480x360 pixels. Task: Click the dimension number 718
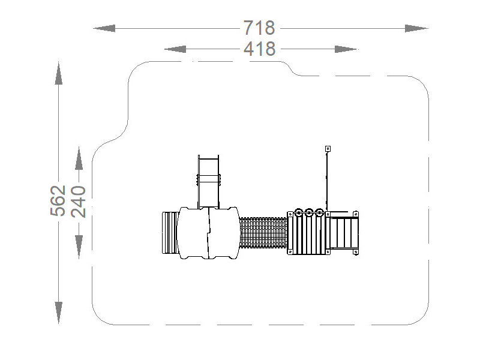click(259, 28)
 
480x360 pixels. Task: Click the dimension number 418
click(260, 49)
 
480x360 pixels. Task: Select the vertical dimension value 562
click(58, 200)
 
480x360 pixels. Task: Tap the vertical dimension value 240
click(79, 202)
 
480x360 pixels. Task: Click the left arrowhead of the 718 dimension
click(104, 28)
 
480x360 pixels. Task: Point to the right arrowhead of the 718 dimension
click(416, 28)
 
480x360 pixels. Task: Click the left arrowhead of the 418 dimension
click(175, 49)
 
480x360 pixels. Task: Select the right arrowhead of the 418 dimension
click(346, 49)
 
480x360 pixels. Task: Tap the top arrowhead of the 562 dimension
click(58, 73)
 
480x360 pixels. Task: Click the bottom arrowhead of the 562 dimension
click(58, 313)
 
